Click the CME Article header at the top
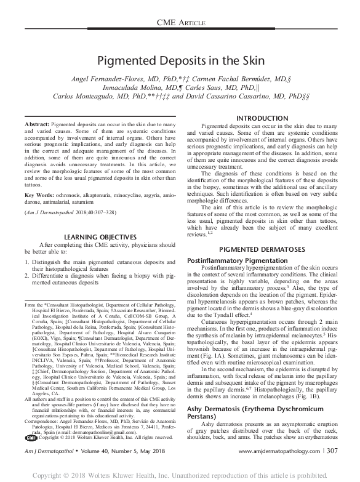coord(180,22)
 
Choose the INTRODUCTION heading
coord(262,118)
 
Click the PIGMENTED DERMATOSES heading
coord(262,249)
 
